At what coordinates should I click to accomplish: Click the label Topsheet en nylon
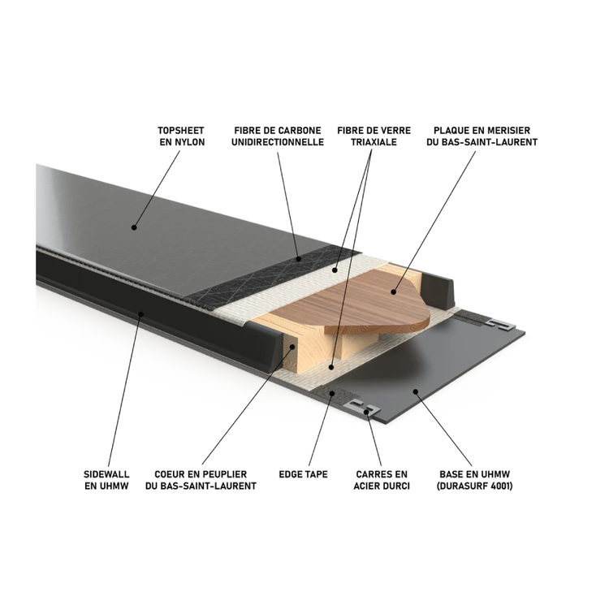click(181, 136)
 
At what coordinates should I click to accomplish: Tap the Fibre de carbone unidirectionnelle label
click(278, 136)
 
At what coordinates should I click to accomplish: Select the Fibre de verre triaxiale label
click(374, 136)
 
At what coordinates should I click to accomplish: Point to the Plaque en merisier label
click(482, 136)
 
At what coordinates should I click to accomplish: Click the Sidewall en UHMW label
click(106, 480)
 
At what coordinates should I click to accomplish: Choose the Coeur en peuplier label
click(201, 480)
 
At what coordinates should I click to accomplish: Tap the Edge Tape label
click(304, 474)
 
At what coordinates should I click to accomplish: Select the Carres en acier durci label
click(382, 480)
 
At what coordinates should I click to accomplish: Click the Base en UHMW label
click(475, 480)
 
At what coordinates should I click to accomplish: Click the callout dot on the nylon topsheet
click(134, 227)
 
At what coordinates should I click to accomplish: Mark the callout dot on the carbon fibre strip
click(299, 259)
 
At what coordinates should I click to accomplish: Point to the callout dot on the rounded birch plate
click(394, 292)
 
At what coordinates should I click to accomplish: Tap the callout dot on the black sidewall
click(141, 313)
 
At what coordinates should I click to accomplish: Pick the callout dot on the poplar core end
click(292, 347)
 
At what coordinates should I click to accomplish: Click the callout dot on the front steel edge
click(367, 412)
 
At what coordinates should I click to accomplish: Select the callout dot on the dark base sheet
click(415, 391)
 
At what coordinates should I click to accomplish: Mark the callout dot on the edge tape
click(331, 394)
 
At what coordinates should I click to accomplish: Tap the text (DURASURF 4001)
click(475, 486)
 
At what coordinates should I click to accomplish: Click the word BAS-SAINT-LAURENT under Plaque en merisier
click(482, 142)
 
